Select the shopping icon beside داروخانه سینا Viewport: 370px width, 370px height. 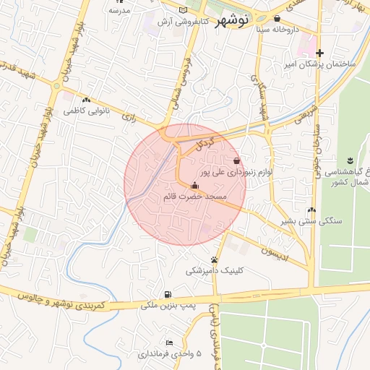(277, 19)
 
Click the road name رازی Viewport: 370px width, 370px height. (129, 116)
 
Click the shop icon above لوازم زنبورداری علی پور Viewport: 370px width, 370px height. (237, 160)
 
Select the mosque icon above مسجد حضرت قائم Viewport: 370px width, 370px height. (194, 185)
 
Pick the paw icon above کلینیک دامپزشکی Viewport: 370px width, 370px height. (215, 259)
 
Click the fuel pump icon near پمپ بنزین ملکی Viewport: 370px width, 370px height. (168, 294)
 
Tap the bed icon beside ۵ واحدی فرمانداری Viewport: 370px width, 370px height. (169, 343)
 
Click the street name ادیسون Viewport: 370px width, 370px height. (274, 254)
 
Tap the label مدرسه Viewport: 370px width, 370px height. (119, 10)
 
